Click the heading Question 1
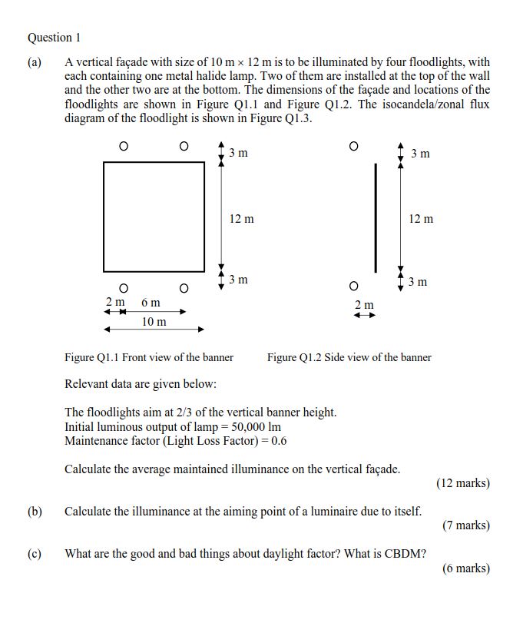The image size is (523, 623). [x=54, y=37]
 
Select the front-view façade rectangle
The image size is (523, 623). [x=154, y=216]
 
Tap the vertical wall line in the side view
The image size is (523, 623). [x=376, y=217]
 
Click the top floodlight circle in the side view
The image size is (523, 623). [x=353, y=146]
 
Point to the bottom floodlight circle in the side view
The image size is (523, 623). [x=353, y=287]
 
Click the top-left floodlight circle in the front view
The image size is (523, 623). [x=123, y=146]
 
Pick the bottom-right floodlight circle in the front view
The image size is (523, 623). [x=183, y=288]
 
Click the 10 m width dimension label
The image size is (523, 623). [x=154, y=322]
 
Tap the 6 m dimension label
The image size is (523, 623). [x=151, y=303]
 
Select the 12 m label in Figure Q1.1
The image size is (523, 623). [x=241, y=220]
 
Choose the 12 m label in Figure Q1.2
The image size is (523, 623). [x=420, y=220]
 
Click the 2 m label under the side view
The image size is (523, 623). [x=364, y=305]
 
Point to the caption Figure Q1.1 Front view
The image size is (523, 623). [x=149, y=357]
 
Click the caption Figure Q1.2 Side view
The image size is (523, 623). [x=349, y=357]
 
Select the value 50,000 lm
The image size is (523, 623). [x=253, y=426]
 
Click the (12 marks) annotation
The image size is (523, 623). [x=462, y=483]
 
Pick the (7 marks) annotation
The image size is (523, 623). [x=465, y=525]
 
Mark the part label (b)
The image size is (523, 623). [x=35, y=511]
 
